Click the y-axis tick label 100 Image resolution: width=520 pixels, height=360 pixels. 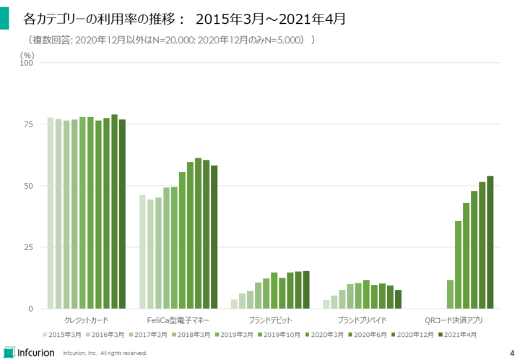point(28,63)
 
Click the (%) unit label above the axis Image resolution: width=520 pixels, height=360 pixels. point(27,53)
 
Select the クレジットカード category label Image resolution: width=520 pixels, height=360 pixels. point(86,320)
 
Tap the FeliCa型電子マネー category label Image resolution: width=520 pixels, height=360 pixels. point(178,320)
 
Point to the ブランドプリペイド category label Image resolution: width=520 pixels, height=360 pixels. point(361,320)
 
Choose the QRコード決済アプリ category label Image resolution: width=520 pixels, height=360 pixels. point(454,320)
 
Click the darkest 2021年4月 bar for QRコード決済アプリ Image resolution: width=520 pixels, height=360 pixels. point(490,242)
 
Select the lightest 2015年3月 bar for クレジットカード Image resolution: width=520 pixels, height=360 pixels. point(51,213)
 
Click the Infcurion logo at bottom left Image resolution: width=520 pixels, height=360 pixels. point(31,352)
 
